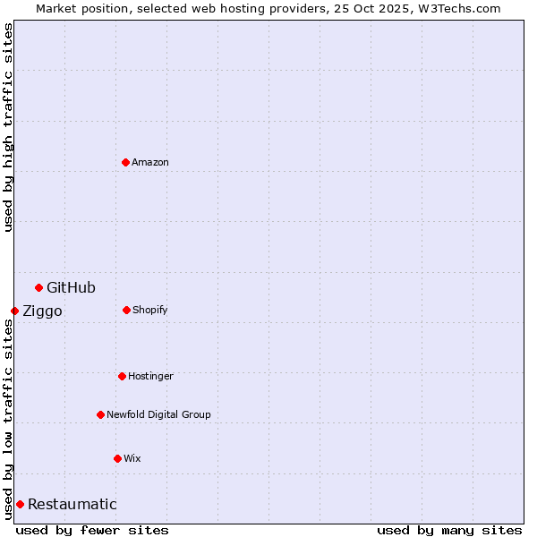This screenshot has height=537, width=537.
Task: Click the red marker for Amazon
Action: [125, 162]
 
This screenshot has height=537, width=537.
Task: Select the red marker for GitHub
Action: [38, 287]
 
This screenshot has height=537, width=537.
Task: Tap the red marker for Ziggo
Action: [14, 311]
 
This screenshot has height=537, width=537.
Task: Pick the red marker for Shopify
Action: [126, 310]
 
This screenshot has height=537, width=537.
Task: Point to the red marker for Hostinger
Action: [122, 376]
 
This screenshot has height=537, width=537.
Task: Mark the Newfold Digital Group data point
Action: [100, 414]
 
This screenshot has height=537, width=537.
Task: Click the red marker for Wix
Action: [117, 458]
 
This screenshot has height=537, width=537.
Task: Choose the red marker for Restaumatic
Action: [20, 504]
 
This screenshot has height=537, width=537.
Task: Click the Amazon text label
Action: [150, 162]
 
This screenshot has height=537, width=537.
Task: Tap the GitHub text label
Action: [71, 287]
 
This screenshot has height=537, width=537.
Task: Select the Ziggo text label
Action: [42, 311]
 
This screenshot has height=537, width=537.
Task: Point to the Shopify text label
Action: [149, 310]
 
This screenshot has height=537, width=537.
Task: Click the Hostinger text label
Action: [150, 376]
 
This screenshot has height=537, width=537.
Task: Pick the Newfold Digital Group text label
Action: [158, 414]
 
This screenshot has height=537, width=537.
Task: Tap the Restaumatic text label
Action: [72, 504]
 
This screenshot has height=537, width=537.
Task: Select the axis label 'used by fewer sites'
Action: [92, 530]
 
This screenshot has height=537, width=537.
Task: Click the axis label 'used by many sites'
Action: [449, 530]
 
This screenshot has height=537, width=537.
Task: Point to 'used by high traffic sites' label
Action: [8, 127]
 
